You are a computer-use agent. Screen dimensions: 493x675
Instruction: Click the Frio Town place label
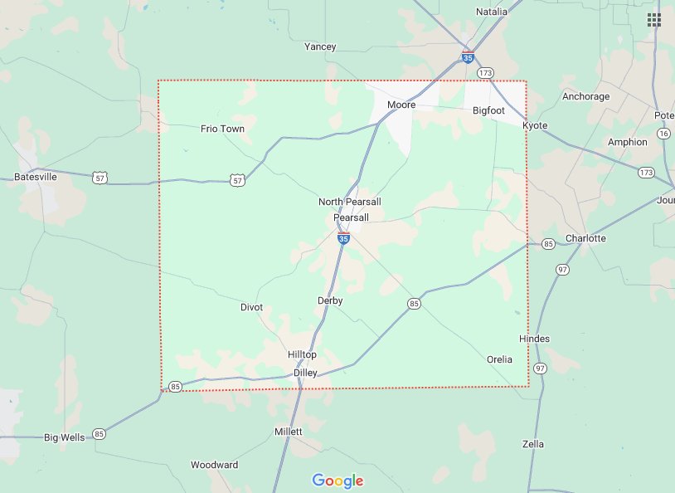222,129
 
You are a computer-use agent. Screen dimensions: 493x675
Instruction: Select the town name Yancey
320,46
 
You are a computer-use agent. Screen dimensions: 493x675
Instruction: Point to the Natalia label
491,12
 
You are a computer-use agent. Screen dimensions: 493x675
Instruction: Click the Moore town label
401,105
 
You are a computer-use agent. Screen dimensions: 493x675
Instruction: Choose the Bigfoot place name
488,110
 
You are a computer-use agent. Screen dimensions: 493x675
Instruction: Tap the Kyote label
535,125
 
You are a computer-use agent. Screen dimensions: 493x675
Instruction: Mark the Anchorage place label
585,96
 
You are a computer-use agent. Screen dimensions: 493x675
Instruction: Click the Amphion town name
627,142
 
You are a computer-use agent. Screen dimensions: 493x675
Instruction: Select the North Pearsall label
350,202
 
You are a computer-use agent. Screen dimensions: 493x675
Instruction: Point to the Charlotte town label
585,238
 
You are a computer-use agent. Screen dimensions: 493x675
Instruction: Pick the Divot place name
251,307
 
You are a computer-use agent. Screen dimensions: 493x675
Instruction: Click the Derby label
330,300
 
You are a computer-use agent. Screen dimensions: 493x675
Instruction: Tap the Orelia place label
499,359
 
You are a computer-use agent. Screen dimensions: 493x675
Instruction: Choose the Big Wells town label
65,437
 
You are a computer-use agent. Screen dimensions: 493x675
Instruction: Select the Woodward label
214,465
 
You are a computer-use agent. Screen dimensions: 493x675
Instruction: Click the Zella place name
533,444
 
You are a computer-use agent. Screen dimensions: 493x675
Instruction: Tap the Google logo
337,481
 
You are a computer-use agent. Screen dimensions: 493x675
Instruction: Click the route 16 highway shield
663,133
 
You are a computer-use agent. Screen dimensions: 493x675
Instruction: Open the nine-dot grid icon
654,20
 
